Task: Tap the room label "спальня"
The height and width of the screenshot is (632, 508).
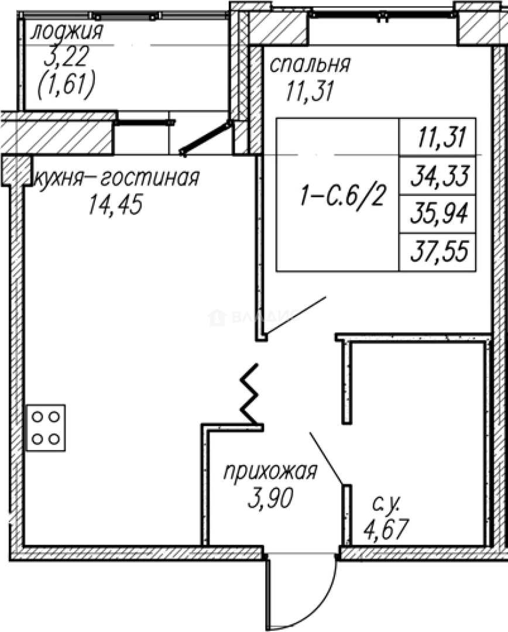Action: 310,64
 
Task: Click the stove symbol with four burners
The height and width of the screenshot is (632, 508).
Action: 46,428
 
